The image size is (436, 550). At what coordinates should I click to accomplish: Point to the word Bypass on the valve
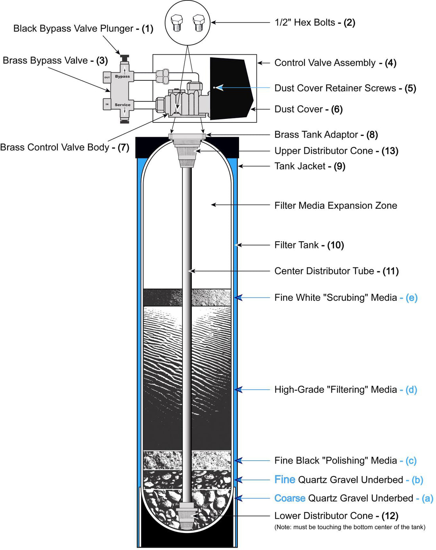[122, 76]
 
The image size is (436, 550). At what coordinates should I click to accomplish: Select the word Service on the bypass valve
[122, 105]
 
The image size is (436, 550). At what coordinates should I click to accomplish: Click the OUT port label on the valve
[107, 77]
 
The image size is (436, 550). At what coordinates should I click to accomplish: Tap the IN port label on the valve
[107, 104]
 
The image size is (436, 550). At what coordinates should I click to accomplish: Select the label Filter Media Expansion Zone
[335, 206]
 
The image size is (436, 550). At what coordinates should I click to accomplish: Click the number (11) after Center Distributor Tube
[390, 271]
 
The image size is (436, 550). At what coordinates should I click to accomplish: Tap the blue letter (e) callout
[411, 298]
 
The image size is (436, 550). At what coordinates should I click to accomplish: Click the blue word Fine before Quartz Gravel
[285, 480]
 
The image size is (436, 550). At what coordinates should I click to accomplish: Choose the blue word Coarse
[290, 498]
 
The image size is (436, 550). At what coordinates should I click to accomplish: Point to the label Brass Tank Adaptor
[316, 135]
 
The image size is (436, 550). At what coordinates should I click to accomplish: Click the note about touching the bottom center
[350, 527]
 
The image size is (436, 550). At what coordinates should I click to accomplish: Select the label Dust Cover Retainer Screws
[335, 88]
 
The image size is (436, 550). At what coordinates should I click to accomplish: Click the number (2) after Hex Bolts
[349, 23]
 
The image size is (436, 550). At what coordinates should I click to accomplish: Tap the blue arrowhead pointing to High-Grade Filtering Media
[238, 390]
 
